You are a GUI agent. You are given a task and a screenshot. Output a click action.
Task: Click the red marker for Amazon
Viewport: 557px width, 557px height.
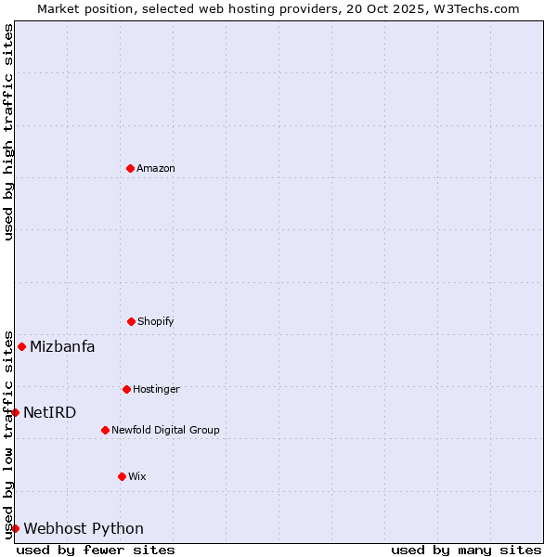(x=130, y=168)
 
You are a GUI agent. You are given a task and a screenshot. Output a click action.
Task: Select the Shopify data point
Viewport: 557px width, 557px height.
(x=131, y=321)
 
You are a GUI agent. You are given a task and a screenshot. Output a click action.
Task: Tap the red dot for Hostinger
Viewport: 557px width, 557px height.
(x=126, y=389)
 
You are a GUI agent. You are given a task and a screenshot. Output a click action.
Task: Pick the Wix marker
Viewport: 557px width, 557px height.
(x=122, y=476)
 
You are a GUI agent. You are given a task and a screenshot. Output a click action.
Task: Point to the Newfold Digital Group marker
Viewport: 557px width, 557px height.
(x=105, y=430)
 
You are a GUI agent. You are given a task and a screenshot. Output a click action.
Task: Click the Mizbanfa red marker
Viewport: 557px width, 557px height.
(x=21, y=346)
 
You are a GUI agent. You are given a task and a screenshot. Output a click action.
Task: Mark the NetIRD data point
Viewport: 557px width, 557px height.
(x=15, y=412)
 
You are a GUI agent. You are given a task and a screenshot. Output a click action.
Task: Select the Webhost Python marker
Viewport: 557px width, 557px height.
(x=15, y=528)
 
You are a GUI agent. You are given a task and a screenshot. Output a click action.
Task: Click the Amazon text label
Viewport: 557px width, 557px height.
(x=156, y=168)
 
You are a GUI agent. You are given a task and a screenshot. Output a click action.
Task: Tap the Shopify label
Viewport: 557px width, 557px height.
(x=156, y=321)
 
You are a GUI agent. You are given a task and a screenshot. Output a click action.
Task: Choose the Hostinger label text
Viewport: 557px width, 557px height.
(x=156, y=389)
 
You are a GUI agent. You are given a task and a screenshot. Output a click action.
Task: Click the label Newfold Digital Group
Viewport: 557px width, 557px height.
(x=165, y=430)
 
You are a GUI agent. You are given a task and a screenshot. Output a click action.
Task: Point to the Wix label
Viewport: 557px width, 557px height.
(x=137, y=476)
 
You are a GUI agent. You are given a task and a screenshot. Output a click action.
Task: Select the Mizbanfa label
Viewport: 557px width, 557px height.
(x=62, y=347)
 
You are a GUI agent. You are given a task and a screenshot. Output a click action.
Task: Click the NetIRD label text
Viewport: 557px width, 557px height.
(x=50, y=413)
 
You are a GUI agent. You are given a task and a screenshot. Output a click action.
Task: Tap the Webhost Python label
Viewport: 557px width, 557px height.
(x=84, y=529)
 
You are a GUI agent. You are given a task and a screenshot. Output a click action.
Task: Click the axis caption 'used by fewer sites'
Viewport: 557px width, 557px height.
(x=96, y=550)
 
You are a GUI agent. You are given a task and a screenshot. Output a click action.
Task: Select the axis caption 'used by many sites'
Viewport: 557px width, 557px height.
(x=466, y=550)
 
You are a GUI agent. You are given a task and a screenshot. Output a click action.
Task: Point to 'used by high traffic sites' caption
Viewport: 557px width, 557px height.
(x=8, y=132)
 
